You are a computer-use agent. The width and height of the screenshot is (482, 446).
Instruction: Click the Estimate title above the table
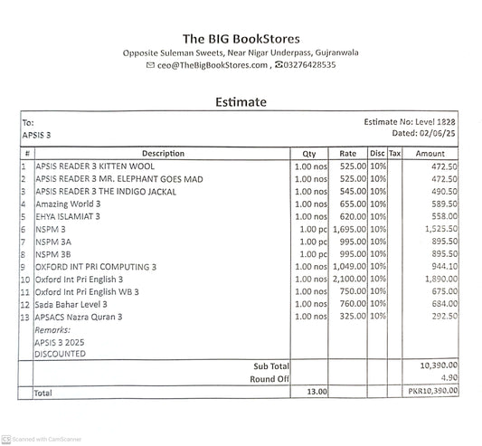[241, 101]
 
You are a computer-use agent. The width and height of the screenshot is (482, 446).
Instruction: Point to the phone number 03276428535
[310, 65]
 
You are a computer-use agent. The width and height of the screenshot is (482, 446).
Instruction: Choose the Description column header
[163, 154]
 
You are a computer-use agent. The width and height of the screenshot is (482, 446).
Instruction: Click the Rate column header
[348, 154]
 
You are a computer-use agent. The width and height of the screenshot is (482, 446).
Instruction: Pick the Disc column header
[377, 154]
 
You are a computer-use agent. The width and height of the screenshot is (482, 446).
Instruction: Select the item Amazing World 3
[68, 204]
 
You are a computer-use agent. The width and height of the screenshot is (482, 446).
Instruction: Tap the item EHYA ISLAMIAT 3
[68, 217]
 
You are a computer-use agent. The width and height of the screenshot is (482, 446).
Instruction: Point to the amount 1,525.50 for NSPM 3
[439, 230]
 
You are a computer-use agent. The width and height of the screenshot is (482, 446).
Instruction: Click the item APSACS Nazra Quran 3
[79, 318]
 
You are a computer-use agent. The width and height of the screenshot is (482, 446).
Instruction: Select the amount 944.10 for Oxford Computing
[442, 268]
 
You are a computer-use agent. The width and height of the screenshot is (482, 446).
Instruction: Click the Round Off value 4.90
[449, 379]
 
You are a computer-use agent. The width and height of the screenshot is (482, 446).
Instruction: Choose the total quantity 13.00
[315, 393]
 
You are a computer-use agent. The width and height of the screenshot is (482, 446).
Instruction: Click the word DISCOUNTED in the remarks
[61, 354]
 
